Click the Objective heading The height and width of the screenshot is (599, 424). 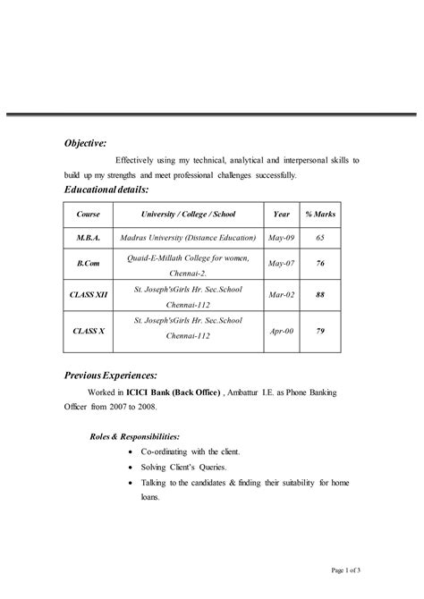point(85,142)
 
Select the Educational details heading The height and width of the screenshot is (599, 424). point(106,190)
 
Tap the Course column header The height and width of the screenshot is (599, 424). point(88,215)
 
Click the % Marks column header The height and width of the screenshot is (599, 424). point(319,215)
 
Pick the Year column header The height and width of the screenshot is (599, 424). point(281,215)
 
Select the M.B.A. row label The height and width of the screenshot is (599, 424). point(88,239)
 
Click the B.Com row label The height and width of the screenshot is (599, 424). point(88,264)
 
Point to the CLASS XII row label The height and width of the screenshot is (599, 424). point(88,294)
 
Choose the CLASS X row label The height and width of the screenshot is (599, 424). point(88,330)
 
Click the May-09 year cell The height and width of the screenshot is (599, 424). point(281,239)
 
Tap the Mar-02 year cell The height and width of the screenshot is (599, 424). point(281,294)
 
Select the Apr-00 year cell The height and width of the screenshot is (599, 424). point(281,330)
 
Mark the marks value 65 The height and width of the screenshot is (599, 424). point(319,239)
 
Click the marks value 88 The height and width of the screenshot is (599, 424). point(319,294)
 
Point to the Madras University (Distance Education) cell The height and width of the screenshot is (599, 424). point(188,239)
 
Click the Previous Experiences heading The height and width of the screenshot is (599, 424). point(110,375)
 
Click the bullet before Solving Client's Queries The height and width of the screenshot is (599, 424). point(131,468)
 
